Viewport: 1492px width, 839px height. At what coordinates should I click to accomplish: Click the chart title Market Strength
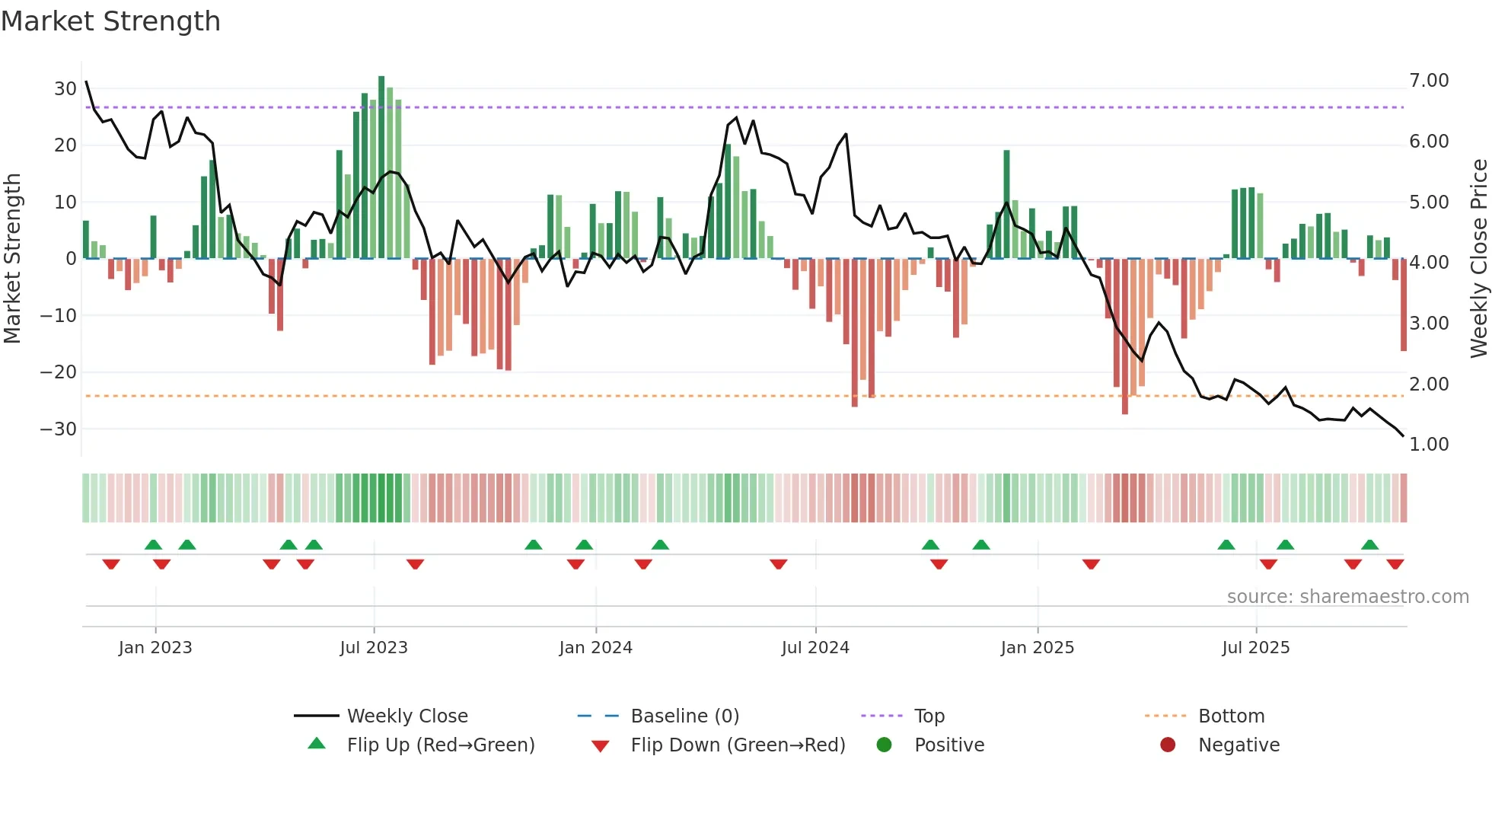pos(110,21)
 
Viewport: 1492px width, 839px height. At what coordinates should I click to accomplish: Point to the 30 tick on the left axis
pos(65,88)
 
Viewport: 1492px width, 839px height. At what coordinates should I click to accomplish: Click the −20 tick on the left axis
pos(59,372)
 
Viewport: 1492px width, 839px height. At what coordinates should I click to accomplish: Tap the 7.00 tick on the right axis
pos(1429,81)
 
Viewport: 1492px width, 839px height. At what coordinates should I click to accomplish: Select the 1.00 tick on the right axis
pos(1429,445)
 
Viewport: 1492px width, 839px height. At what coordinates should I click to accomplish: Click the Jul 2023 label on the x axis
pos(374,648)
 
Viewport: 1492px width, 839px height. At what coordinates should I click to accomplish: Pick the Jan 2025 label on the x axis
pos(1037,648)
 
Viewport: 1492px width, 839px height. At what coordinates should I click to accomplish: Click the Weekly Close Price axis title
pos(1478,259)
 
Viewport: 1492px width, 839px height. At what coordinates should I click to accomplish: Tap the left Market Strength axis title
pos(12,259)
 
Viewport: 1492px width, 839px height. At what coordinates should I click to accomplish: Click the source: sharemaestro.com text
pos(1347,597)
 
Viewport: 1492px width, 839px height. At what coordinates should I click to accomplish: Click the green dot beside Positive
pos(884,745)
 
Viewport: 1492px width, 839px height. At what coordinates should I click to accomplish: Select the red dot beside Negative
pos(1168,745)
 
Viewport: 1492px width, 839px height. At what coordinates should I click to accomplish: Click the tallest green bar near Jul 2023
pos(381,167)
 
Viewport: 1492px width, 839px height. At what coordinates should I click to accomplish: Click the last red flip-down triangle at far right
pos(1395,564)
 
